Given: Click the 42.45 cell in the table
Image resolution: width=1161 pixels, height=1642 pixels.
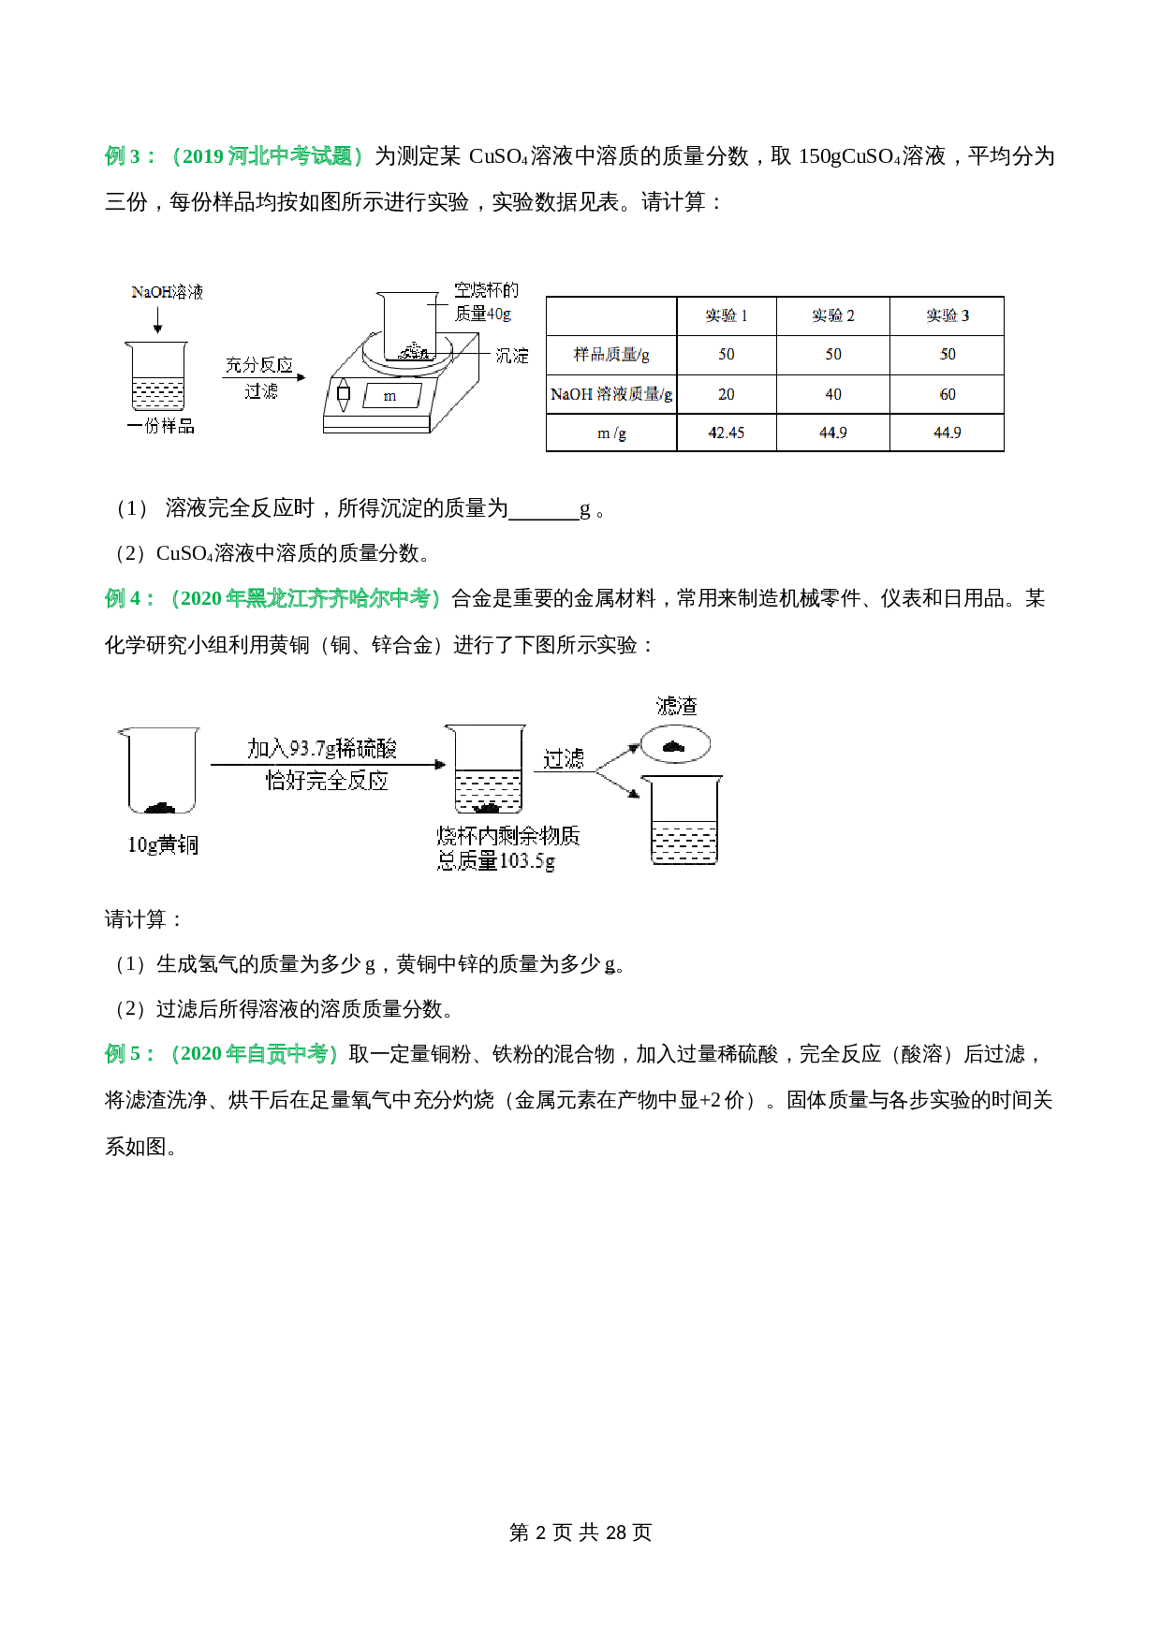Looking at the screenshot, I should coord(726,432).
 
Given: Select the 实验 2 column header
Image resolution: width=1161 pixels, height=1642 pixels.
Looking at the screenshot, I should coord(832,315).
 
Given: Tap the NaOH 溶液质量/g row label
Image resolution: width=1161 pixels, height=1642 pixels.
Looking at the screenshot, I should coord(611,394).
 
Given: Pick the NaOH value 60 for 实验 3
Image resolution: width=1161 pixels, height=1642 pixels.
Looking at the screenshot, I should coord(947,394).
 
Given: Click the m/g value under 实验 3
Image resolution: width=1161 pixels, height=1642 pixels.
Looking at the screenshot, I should coord(947,432).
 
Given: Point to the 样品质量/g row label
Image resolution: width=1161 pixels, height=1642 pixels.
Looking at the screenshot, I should coord(611,354).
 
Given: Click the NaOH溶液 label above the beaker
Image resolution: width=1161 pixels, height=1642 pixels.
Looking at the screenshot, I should coord(167,292).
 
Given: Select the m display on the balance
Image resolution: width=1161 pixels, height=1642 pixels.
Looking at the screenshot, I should coord(389,396).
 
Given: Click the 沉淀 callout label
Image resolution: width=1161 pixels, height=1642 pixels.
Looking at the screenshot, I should coord(512,356).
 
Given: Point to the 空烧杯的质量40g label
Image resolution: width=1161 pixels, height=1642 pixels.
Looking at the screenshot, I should coord(485,301).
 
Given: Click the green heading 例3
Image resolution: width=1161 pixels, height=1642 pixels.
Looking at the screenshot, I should coord(128,156).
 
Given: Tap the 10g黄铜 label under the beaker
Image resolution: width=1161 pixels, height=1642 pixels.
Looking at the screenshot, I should coord(163,844).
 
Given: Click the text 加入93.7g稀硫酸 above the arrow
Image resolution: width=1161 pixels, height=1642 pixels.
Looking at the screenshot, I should coord(322,748).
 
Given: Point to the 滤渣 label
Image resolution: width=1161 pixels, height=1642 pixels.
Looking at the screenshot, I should coord(677,706).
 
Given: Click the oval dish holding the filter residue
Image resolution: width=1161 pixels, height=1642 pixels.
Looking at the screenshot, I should coord(674,745).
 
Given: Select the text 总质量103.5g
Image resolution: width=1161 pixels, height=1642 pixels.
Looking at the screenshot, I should coord(496,860).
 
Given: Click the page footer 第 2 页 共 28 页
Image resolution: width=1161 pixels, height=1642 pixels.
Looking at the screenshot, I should coord(580,1532).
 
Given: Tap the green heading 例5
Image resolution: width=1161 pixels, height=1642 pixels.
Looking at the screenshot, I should coord(128,1054).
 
